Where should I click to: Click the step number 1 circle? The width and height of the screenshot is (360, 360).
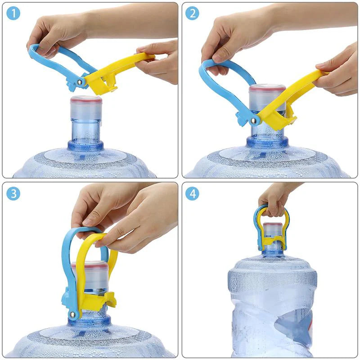(x=13, y=14)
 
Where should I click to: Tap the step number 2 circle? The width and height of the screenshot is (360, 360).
(x=192, y=14)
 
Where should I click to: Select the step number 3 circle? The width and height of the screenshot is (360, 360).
(x=13, y=194)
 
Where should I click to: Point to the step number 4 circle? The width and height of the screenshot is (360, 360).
(x=192, y=194)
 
